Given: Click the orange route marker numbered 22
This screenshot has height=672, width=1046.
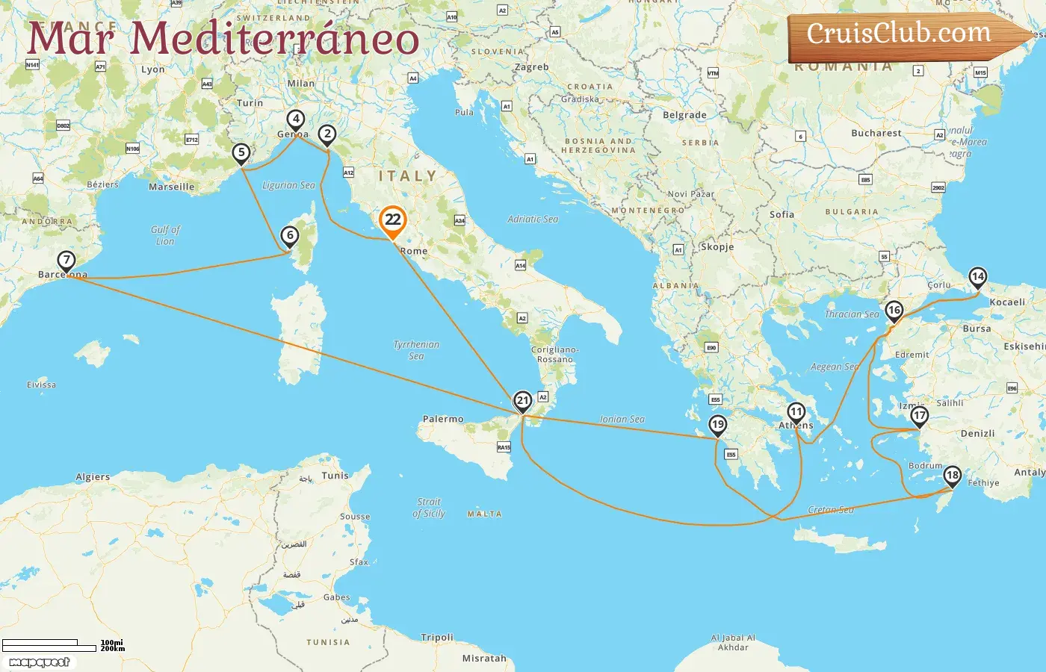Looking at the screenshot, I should point(392,220).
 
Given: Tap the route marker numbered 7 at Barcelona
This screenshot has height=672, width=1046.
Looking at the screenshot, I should point(66,261).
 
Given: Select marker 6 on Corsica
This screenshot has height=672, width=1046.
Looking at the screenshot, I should point(290,236).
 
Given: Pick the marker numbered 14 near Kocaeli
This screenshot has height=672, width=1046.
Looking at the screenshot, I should point(977,277).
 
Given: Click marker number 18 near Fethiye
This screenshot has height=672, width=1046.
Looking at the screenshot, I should point(952,476).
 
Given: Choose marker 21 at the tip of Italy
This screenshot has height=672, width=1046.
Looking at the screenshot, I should point(523,401).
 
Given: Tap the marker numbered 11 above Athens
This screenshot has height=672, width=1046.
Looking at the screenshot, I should point(796,412).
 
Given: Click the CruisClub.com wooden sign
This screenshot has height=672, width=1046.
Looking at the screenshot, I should point(899,34).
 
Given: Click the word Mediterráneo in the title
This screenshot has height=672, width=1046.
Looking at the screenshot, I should point(274,39).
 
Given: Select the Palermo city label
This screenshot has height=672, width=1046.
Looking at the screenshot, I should point(443,420).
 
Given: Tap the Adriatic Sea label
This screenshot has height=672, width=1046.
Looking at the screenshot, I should point(533,220).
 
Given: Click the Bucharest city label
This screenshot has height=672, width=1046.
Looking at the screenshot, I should point(876,134).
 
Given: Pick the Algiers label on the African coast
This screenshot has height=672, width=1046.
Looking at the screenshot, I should point(93,477).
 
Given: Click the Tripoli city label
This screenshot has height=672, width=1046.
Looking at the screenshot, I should point(437,638).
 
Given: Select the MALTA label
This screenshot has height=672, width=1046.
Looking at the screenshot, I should point(484,514).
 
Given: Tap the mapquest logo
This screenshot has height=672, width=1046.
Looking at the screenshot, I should point(39,662).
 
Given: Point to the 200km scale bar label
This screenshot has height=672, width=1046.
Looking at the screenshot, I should point(113,649).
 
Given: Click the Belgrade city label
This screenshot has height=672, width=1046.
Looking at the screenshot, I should point(684,116).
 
